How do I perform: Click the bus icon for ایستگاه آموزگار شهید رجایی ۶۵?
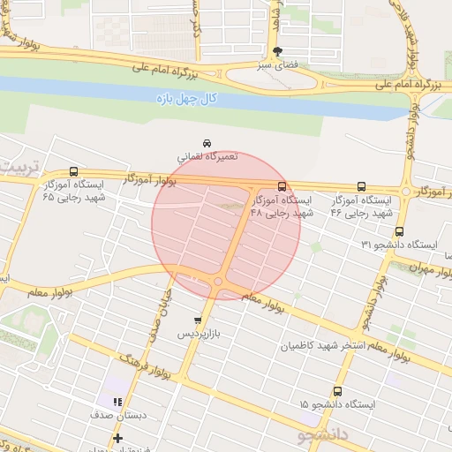(72, 173)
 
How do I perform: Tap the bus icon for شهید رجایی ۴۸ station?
(282, 186)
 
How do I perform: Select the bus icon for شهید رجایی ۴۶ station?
(361, 186)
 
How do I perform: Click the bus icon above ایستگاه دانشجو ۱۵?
(337, 391)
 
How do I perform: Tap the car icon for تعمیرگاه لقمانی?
(207, 143)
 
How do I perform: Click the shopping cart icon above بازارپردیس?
(198, 320)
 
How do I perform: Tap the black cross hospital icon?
(117, 438)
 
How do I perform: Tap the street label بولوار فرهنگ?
(146, 369)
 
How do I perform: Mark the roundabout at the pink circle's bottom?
(217, 282)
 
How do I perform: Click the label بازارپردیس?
(200, 335)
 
